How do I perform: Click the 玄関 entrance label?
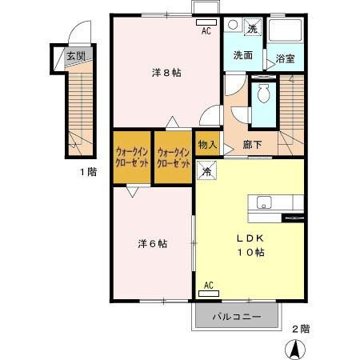75,57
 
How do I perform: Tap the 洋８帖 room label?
166,73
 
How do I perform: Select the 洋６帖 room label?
152,244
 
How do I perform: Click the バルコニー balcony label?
237,317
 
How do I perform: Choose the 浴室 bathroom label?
286,58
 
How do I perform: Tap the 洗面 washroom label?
243,56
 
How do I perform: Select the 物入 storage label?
206,145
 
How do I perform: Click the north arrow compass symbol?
294,349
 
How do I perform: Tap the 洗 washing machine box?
252,29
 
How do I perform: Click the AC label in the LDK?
208,285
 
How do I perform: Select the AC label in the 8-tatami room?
206,32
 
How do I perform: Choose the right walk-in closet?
173,155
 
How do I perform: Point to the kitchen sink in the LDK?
266,202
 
